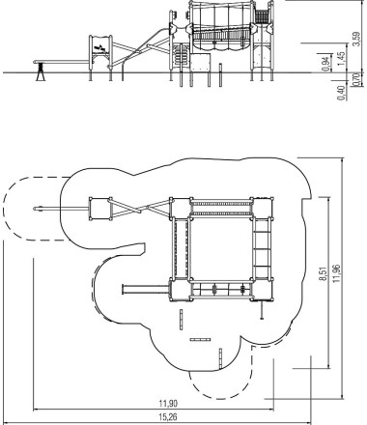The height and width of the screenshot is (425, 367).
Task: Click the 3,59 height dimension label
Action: pyautogui.click(x=356, y=39)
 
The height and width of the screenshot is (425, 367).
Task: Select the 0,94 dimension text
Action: pyautogui.click(x=326, y=64)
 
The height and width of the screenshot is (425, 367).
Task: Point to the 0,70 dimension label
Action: pyautogui.click(x=356, y=79)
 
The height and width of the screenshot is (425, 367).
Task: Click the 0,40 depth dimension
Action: pyautogui.click(x=342, y=93)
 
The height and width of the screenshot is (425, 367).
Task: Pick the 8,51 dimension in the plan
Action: pyautogui.click(x=324, y=273)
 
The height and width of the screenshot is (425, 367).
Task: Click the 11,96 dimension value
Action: pyautogui.click(x=337, y=273)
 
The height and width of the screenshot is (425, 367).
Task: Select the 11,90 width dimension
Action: pyautogui.click(x=168, y=403)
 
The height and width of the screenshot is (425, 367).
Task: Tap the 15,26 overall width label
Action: pyautogui.click(x=168, y=417)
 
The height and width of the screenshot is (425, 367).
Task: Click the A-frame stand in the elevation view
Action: pyautogui.click(x=41, y=71)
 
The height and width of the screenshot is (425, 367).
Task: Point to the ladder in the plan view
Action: pyautogui.click(x=262, y=248)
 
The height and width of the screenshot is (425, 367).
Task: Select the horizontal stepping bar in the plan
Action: pyautogui.click(x=200, y=339)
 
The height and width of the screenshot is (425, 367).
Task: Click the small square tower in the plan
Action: pyautogui.click(x=100, y=209)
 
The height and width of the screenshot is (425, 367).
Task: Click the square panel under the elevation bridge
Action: pyautogui.click(x=200, y=63)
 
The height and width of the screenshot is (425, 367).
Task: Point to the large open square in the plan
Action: pyautogui.click(x=221, y=248)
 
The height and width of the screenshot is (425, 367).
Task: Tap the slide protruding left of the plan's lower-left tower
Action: pyautogui.click(x=146, y=290)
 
